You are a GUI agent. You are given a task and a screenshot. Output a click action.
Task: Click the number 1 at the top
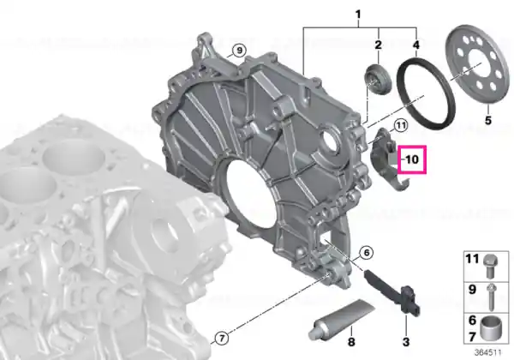coord(358,14)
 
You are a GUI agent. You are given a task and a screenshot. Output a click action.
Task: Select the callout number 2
coord(379,45)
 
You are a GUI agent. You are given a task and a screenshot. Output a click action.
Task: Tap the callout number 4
coord(416,45)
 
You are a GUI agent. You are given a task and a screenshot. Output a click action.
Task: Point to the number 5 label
coord(488,120)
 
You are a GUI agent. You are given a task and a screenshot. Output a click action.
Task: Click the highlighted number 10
coord(412,159)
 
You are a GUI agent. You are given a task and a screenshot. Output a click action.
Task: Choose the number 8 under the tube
coord(351,342)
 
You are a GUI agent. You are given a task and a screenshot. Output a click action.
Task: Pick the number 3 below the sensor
coord(406,342)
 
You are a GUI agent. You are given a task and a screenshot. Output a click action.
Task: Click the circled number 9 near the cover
coord(239,51)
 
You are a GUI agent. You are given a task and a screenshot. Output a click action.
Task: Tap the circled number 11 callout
coord(400,125)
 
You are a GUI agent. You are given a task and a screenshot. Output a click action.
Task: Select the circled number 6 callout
coord(366,253)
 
